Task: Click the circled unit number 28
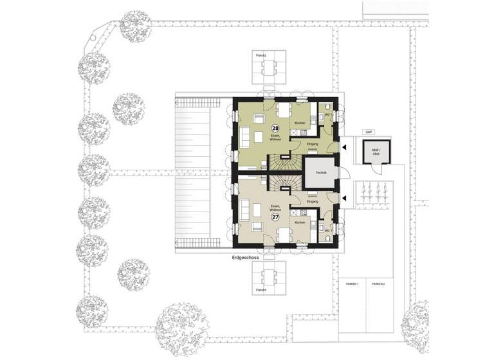275,129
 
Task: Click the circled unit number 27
275,217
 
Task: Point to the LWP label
369,132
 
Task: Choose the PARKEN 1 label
351,283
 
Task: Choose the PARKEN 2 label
378,283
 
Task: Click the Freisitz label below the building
261,290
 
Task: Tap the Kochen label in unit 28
300,123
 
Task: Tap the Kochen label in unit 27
300,222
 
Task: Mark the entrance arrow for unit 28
344,148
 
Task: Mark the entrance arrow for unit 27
344,198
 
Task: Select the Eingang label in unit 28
313,143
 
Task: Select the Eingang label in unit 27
313,201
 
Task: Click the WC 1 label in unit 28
327,115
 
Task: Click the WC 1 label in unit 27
327,230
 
